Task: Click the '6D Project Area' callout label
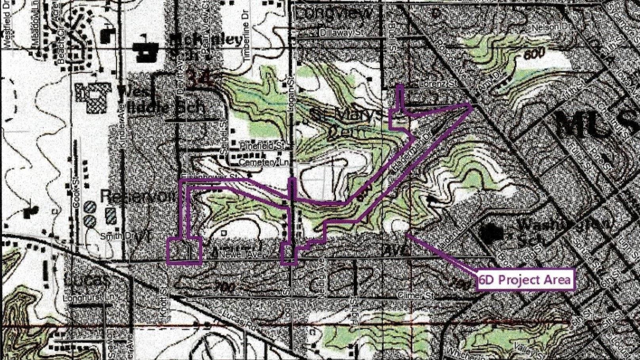click(x=525, y=280)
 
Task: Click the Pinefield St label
click(x=262, y=145)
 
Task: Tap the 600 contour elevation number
click(x=535, y=53)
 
